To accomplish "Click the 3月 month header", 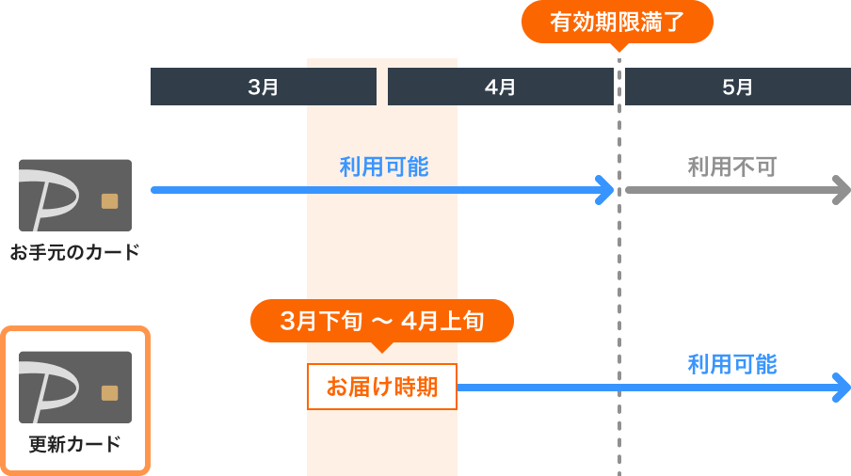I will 264,87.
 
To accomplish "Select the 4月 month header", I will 500,87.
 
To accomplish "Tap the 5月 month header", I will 737,87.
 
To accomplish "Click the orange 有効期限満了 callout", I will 618,22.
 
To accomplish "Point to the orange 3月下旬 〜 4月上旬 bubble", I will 381,321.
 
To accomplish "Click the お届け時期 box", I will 381,387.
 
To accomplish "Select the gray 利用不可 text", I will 731,167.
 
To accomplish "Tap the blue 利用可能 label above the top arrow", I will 383,167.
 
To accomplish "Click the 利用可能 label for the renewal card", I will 731,364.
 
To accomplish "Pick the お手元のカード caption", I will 74,252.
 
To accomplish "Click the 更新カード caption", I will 74,444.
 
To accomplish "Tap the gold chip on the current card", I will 110,200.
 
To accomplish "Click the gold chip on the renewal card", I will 110,392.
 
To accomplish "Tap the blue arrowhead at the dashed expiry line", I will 605,190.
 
